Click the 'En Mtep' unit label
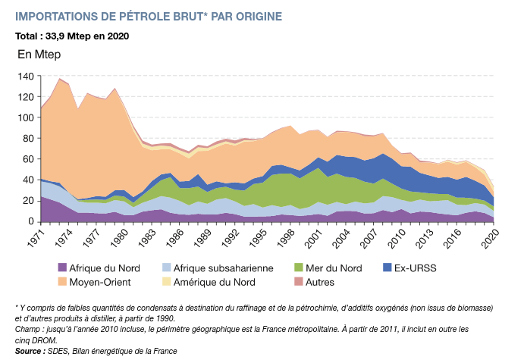(39, 55)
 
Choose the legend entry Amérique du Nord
(221, 282)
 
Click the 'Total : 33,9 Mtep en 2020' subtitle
(72, 36)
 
